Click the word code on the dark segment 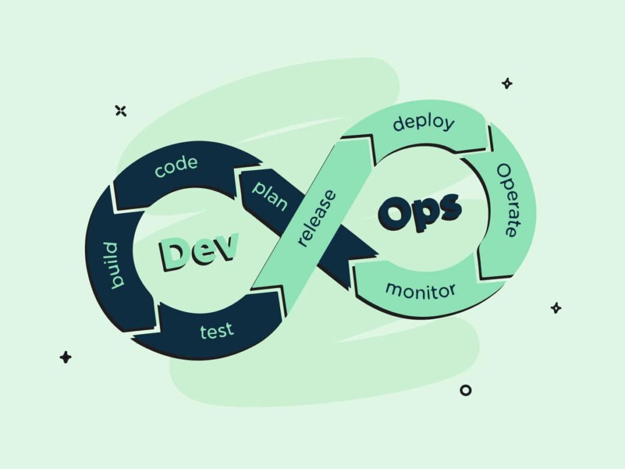(x=176, y=167)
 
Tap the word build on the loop (x=114, y=265)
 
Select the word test (x=217, y=331)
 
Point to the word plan (x=270, y=195)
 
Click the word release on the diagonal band (x=317, y=218)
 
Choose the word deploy (x=424, y=123)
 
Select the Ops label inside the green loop (x=420, y=211)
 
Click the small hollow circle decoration (x=466, y=390)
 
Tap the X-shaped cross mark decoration (x=121, y=111)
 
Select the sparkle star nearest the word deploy (x=507, y=83)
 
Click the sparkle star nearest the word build (x=65, y=357)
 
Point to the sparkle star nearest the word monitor (x=556, y=308)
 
